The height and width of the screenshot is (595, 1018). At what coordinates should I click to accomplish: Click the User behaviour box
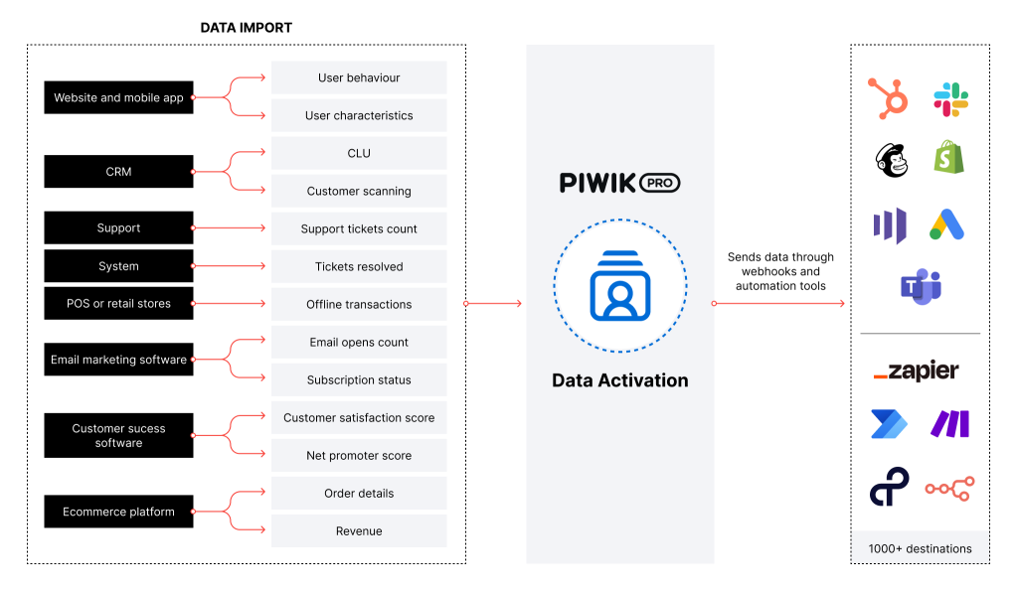tap(359, 77)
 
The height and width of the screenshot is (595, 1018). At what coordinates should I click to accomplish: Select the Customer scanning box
tap(359, 191)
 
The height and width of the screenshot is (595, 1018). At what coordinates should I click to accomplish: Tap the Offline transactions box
tap(359, 304)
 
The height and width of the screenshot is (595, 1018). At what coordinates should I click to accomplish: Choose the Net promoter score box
tap(359, 456)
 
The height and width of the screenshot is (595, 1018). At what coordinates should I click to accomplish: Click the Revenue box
tap(359, 531)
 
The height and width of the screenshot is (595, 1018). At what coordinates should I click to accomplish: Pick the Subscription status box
tap(359, 380)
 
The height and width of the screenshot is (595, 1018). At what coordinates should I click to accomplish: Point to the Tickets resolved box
tap(359, 266)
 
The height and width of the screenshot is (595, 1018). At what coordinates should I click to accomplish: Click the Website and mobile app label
tap(118, 98)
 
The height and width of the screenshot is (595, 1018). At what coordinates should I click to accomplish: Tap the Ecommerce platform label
tap(118, 513)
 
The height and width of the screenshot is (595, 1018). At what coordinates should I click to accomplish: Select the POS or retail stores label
tap(118, 304)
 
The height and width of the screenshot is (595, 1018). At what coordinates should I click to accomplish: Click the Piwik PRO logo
tap(619, 183)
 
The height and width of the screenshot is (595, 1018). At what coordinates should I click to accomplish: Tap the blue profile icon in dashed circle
tap(619, 286)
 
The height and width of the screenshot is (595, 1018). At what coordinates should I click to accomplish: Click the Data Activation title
tap(619, 380)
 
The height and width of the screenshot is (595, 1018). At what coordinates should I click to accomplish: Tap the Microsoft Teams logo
tap(920, 286)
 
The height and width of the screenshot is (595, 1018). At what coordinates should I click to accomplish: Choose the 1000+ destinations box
tap(920, 548)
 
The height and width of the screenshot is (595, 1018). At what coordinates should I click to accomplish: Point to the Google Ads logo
tap(946, 225)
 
